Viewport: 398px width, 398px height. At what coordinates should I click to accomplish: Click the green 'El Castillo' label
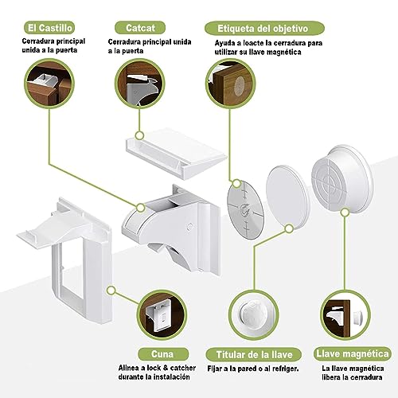pos(49,28)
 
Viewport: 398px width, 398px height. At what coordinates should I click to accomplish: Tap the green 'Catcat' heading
pos(140,28)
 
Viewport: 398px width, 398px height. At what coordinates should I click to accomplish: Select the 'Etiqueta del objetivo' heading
pos(264,29)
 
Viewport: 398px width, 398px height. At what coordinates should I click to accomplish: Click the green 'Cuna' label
pos(162,354)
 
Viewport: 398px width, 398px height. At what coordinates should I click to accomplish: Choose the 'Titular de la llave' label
pos(254,354)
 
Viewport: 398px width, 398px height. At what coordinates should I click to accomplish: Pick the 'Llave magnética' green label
pos(353,353)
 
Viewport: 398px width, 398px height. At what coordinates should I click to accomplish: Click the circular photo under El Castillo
pos(49,84)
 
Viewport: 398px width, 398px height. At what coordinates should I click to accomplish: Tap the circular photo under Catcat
pos(140,84)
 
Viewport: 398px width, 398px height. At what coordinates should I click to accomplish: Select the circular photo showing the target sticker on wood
pos(231,84)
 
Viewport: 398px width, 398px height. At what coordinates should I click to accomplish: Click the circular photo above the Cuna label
pos(162,315)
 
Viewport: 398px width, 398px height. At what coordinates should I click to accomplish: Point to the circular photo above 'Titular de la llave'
pos(254,315)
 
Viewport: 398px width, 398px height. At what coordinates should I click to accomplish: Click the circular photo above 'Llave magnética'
pos(345,315)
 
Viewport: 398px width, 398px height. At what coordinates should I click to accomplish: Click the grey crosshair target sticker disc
pos(246,209)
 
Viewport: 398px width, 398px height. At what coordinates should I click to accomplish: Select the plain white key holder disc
pos(288,198)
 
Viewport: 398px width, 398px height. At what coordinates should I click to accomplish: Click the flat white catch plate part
pos(177,153)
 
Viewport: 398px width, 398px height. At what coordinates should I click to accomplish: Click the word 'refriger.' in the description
pos(284,369)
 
